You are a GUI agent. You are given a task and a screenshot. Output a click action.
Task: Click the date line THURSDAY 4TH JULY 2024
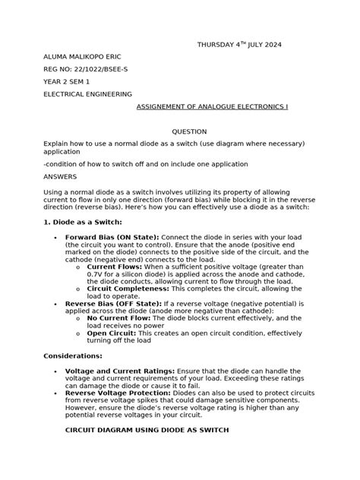[x=238, y=45]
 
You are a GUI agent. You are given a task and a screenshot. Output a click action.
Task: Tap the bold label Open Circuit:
[x=112, y=333]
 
